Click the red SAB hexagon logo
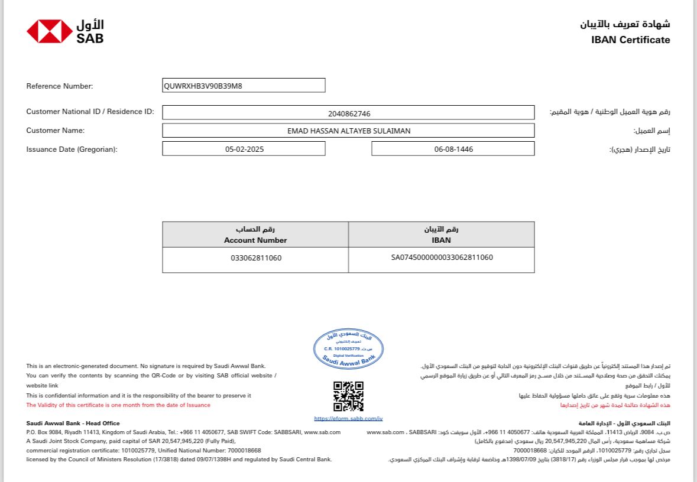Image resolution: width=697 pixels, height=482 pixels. coord(49,31)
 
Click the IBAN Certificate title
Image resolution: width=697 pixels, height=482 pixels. coord(630,40)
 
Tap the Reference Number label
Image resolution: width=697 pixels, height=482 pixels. coord(60,86)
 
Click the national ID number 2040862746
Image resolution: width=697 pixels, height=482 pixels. coord(349,113)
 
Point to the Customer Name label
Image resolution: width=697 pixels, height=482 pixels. coord(56,130)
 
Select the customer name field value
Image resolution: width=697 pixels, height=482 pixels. coord(348,131)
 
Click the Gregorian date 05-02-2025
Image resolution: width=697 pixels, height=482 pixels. coord(244,149)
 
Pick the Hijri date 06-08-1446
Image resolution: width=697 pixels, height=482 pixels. coord(453,149)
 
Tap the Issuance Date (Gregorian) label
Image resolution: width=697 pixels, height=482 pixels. coord(72,149)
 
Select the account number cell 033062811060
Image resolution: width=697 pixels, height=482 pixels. coord(255,258)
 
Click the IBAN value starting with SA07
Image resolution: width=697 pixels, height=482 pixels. coord(442,258)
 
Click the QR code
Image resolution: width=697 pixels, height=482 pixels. coord(348,396)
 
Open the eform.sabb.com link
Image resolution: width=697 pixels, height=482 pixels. coord(348,419)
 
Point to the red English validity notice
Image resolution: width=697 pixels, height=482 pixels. coord(118,405)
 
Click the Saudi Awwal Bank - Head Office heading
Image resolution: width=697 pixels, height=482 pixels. coord(73,424)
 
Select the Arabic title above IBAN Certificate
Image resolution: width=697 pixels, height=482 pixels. coord(625,24)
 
